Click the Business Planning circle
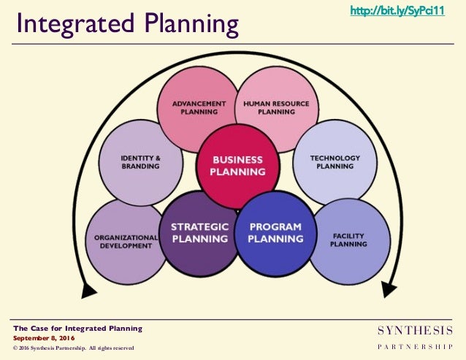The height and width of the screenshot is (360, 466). pos(237,166)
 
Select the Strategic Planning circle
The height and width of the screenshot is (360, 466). pos(199,233)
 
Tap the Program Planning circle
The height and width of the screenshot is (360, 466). pos(275,233)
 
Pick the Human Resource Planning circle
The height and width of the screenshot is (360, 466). pos(276,107)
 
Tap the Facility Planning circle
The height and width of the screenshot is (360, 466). pos(348,241)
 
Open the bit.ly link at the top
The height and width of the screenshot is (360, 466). pos(397,11)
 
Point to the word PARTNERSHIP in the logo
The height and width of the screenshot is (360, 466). pos(414,347)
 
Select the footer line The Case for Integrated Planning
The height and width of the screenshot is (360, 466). pos(77,329)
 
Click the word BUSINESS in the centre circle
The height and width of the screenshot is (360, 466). pos(237,158)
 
